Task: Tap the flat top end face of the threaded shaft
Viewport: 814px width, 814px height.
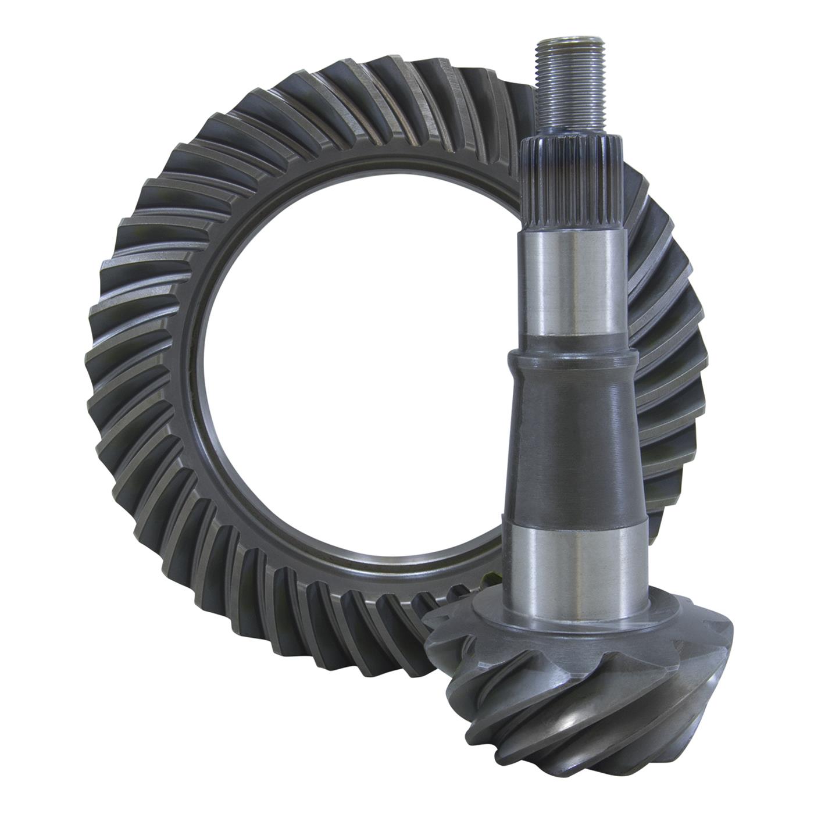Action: click(563, 42)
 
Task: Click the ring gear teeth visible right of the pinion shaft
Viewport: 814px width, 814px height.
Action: click(674, 349)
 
